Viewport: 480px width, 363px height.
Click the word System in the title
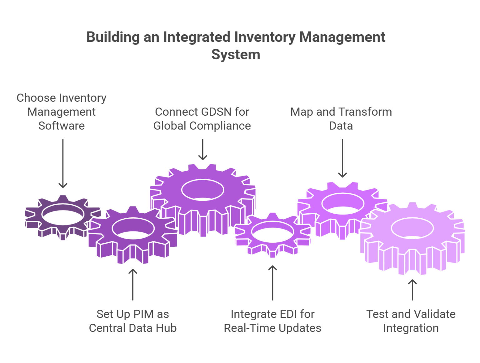point(236,55)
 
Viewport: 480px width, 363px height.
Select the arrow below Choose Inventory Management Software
point(63,163)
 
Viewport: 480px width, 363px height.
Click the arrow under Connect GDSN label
point(203,149)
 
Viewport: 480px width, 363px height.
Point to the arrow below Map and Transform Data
point(342,158)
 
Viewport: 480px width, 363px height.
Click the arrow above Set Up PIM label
point(133,284)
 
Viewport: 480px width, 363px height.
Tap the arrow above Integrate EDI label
point(273,283)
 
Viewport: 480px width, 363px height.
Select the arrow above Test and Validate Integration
point(412,290)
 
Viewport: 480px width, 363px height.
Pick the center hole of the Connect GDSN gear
point(203,190)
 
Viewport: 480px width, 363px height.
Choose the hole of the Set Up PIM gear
point(133,230)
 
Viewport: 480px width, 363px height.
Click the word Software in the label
point(62,126)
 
